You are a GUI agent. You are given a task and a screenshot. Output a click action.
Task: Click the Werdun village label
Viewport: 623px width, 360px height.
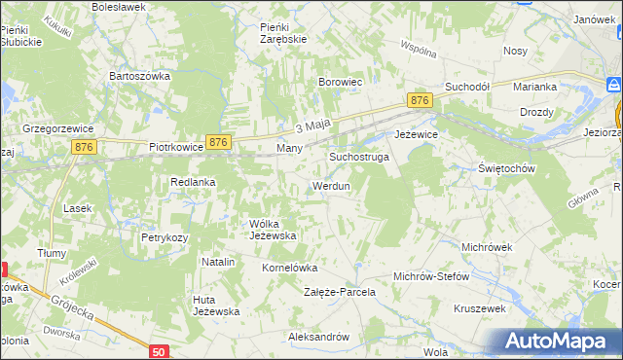pyautogui.click(x=331, y=186)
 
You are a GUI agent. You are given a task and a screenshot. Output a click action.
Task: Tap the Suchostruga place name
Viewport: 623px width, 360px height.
pyautogui.click(x=359, y=156)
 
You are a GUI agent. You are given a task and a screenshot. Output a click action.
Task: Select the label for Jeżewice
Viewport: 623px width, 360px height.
pyautogui.click(x=416, y=135)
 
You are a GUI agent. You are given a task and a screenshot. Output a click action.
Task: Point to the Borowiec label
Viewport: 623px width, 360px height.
pyautogui.click(x=341, y=83)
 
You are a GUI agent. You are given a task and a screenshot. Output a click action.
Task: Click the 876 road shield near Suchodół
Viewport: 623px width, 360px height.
pyautogui.click(x=420, y=101)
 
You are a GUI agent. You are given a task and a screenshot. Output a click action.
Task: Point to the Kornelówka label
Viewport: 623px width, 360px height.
pyautogui.click(x=290, y=267)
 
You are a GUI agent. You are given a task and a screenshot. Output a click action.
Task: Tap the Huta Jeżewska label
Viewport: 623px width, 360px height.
pyautogui.click(x=216, y=305)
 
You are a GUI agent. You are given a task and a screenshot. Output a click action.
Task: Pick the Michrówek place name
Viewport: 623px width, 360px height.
pyautogui.click(x=487, y=247)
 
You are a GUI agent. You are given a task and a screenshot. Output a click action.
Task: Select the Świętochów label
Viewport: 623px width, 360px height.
pyautogui.click(x=508, y=168)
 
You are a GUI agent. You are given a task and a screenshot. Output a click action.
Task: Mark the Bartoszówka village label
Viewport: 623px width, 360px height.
pyautogui.click(x=140, y=75)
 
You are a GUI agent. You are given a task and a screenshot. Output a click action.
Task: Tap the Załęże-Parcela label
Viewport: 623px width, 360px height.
pyautogui.click(x=340, y=292)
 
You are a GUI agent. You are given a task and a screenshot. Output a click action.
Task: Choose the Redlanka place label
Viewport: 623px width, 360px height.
pyautogui.click(x=193, y=182)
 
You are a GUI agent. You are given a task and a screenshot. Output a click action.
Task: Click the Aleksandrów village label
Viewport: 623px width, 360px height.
pyautogui.click(x=318, y=337)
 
